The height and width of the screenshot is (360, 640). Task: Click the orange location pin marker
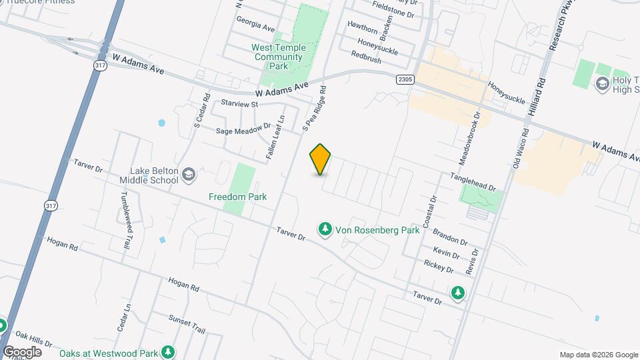coord(321,159)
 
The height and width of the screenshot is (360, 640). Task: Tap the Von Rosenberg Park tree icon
coord(325,229)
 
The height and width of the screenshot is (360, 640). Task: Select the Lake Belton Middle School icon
coord(189,175)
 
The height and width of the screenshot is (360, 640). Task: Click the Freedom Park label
coord(237,197)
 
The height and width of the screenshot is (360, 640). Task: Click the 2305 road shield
coord(405,79)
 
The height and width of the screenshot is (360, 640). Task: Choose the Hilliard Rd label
coord(538,97)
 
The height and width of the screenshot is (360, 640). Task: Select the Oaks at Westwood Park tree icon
coord(169,351)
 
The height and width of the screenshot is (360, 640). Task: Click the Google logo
coord(22,351)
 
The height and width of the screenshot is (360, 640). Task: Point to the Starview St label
coord(239,104)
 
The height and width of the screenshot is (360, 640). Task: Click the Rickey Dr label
coord(439,266)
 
